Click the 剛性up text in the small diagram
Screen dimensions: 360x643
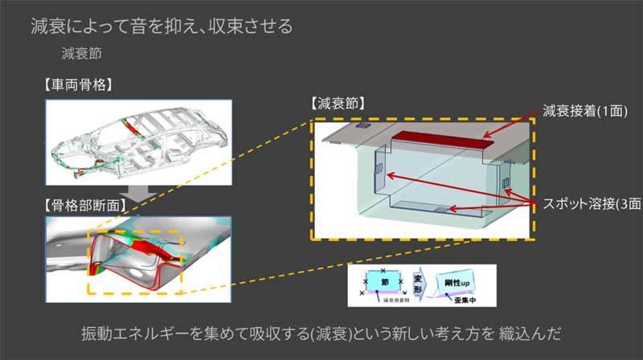click(x=456, y=282)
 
